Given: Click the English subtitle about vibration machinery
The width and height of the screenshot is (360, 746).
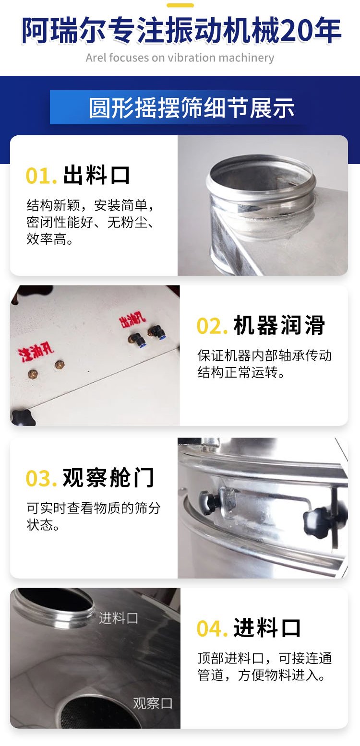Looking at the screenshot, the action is click(x=180, y=58).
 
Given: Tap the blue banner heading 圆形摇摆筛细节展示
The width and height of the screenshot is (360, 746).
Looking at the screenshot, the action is click(x=192, y=108).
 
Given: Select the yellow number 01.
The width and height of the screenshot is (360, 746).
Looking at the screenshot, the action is click(x=41, y=176).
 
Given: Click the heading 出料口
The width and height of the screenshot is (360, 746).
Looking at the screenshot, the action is click(x=96, y=175).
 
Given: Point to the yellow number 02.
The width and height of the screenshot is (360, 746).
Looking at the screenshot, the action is click(x=212, y=326).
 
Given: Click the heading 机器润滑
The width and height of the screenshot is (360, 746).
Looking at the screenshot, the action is click(x=279, y=325).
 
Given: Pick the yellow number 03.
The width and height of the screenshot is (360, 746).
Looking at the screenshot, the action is click(x=41, y=479).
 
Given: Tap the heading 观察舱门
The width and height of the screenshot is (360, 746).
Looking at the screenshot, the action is click(x=108, y=477).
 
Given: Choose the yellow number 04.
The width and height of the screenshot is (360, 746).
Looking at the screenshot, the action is click(x=212, y=629).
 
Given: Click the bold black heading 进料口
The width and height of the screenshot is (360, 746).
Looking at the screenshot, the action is click(x=267, y=628).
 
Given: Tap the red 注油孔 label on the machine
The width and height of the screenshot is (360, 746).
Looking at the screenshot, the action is click(x=36, y=351).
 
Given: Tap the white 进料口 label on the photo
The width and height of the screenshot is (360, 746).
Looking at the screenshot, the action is click(x=119, y=618).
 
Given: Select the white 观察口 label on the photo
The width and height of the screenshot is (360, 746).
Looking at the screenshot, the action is click(x=153, y=703).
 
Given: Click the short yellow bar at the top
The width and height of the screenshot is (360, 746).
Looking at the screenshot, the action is click(x=180, y=5).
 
